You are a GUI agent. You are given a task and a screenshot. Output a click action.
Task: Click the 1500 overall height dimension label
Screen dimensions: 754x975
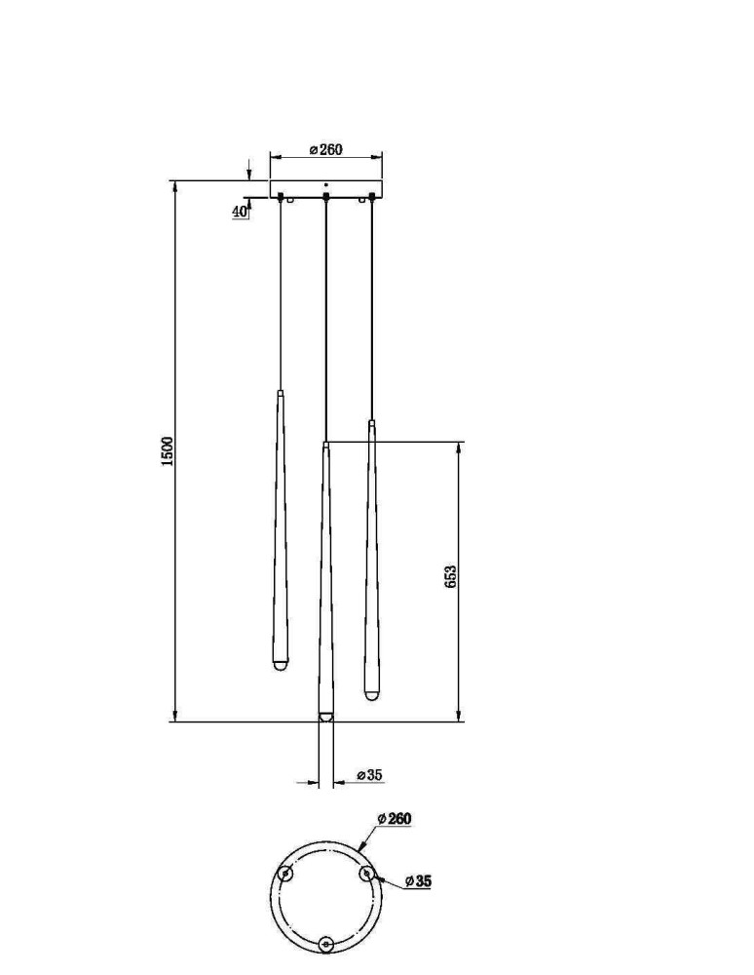click(x=168, y=451)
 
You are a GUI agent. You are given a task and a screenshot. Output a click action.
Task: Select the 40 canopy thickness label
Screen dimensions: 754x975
click(x=239, y=212)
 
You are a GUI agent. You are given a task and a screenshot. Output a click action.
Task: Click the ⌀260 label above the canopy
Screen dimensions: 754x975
click(x=326, y=150)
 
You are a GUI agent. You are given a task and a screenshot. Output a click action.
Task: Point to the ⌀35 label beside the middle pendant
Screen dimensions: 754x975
click(x=370, y=775)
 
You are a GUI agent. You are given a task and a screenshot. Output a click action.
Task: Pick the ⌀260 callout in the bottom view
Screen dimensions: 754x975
click(x=395, y=818)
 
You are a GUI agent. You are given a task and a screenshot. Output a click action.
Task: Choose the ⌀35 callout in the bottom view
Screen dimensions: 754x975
click(x=418, y=881)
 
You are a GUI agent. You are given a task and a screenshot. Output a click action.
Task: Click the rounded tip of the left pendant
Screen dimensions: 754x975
click(x=281, y=665)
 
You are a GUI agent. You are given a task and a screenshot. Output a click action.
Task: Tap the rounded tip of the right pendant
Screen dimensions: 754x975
click(x=371, y=694)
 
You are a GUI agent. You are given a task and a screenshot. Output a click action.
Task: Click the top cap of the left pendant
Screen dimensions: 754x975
click(x=281, y=394)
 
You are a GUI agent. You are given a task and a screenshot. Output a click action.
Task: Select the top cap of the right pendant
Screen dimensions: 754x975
click(x=371, y=423)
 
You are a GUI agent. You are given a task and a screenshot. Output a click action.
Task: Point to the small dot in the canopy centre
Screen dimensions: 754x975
click(x=326, y=184)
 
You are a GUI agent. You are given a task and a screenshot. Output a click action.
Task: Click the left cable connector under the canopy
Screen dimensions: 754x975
click(x=281, y=197)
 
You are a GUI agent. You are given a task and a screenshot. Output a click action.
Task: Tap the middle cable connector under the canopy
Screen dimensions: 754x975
click(x=326, y=197)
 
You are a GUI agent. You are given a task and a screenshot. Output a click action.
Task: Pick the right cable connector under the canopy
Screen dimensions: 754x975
click(x=371, y=197)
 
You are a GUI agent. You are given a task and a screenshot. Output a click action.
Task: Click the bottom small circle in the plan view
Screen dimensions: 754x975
click(x=325, y=945)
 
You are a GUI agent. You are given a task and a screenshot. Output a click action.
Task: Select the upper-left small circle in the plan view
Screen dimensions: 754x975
click(x=285, y=874)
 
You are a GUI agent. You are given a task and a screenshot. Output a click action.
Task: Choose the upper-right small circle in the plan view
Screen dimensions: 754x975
click(x=366, y=874)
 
